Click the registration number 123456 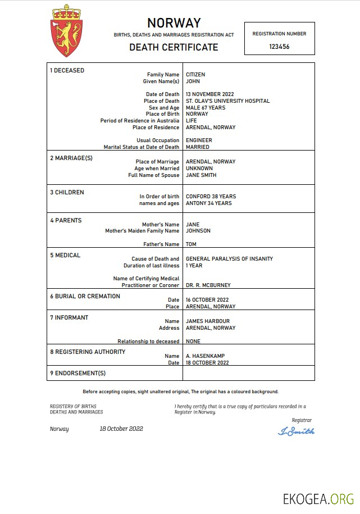tap(279, 47)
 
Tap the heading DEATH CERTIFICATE tap(174, 47)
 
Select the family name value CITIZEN tap(195, 75)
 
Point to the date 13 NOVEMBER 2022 tap(209, 94)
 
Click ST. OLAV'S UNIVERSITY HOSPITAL tap(227, 101)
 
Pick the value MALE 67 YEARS tap(206, 108)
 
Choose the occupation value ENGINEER tap(199, 140)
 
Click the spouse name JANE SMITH tap(201, 175)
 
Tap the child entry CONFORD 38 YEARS tap(211, 197)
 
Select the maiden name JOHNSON tap(198, 231)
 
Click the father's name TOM tap(191, 244)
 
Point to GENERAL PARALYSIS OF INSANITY tap(229, 259)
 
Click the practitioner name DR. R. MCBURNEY tap(208, 285)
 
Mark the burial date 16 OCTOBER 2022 tap(207, 300)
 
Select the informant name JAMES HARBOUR tap(208, 321)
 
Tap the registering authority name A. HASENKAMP tap(205, 356)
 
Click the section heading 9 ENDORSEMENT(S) tap(78, 373)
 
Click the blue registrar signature tap(296, 431)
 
